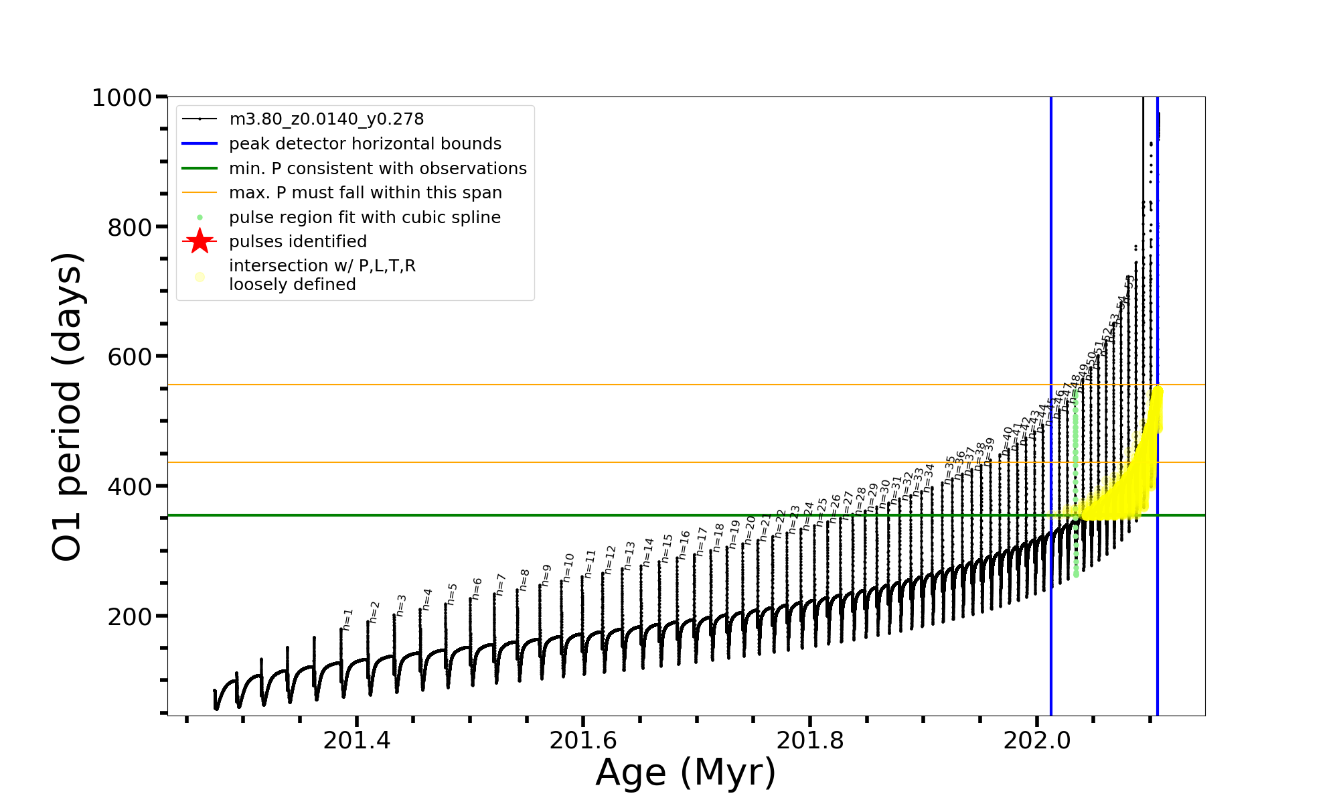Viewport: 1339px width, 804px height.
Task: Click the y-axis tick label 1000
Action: click(x=121, y=98)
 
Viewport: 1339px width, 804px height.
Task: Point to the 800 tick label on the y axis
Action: click(x=129, y=228)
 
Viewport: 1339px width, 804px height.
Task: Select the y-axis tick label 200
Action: click(x=129, y=616)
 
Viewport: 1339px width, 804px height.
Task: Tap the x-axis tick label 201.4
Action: click(x=357, y=740)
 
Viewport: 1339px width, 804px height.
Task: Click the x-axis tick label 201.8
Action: click(x=810, y=740)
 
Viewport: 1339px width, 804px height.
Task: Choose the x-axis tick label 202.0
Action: click(x=1037, y=740)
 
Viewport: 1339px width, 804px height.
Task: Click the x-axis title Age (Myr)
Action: click(x=686, y=773)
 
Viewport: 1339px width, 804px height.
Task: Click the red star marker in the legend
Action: click(x=200, y=241)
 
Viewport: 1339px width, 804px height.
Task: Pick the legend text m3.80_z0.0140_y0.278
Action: click(x=326, y=119)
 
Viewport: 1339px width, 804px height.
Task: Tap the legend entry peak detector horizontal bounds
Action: click(x=365, y=144)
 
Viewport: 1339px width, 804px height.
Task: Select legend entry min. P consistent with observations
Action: click(x=378, y=169)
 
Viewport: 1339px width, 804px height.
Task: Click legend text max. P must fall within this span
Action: click(x=365, y=193)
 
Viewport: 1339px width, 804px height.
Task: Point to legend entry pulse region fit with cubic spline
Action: click(x=364, y=218)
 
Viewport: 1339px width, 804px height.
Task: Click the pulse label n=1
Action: click(x=347, y=620)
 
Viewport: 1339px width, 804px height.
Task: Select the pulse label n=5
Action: click(x=453, y=594)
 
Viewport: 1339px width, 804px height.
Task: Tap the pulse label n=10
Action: click(x=569, y=567)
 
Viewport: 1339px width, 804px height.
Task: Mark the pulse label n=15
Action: click(x=667, y=548)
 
